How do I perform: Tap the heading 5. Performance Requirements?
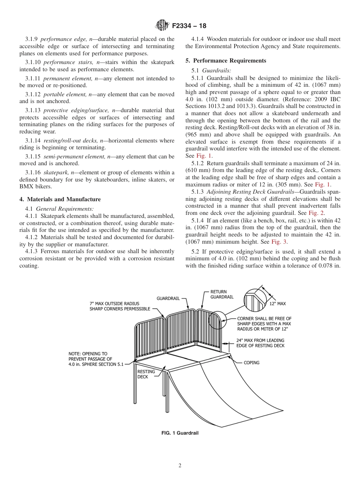pos(226,61)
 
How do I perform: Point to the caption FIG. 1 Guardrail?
pos(180,433)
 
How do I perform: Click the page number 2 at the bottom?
pos(180,466)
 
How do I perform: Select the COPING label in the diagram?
pos(251,363)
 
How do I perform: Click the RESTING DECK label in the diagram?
pos(146,374)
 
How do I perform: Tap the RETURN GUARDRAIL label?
pos(222,294)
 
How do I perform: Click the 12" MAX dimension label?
pos(277,304)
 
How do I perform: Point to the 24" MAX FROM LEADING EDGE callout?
pos(260,343)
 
